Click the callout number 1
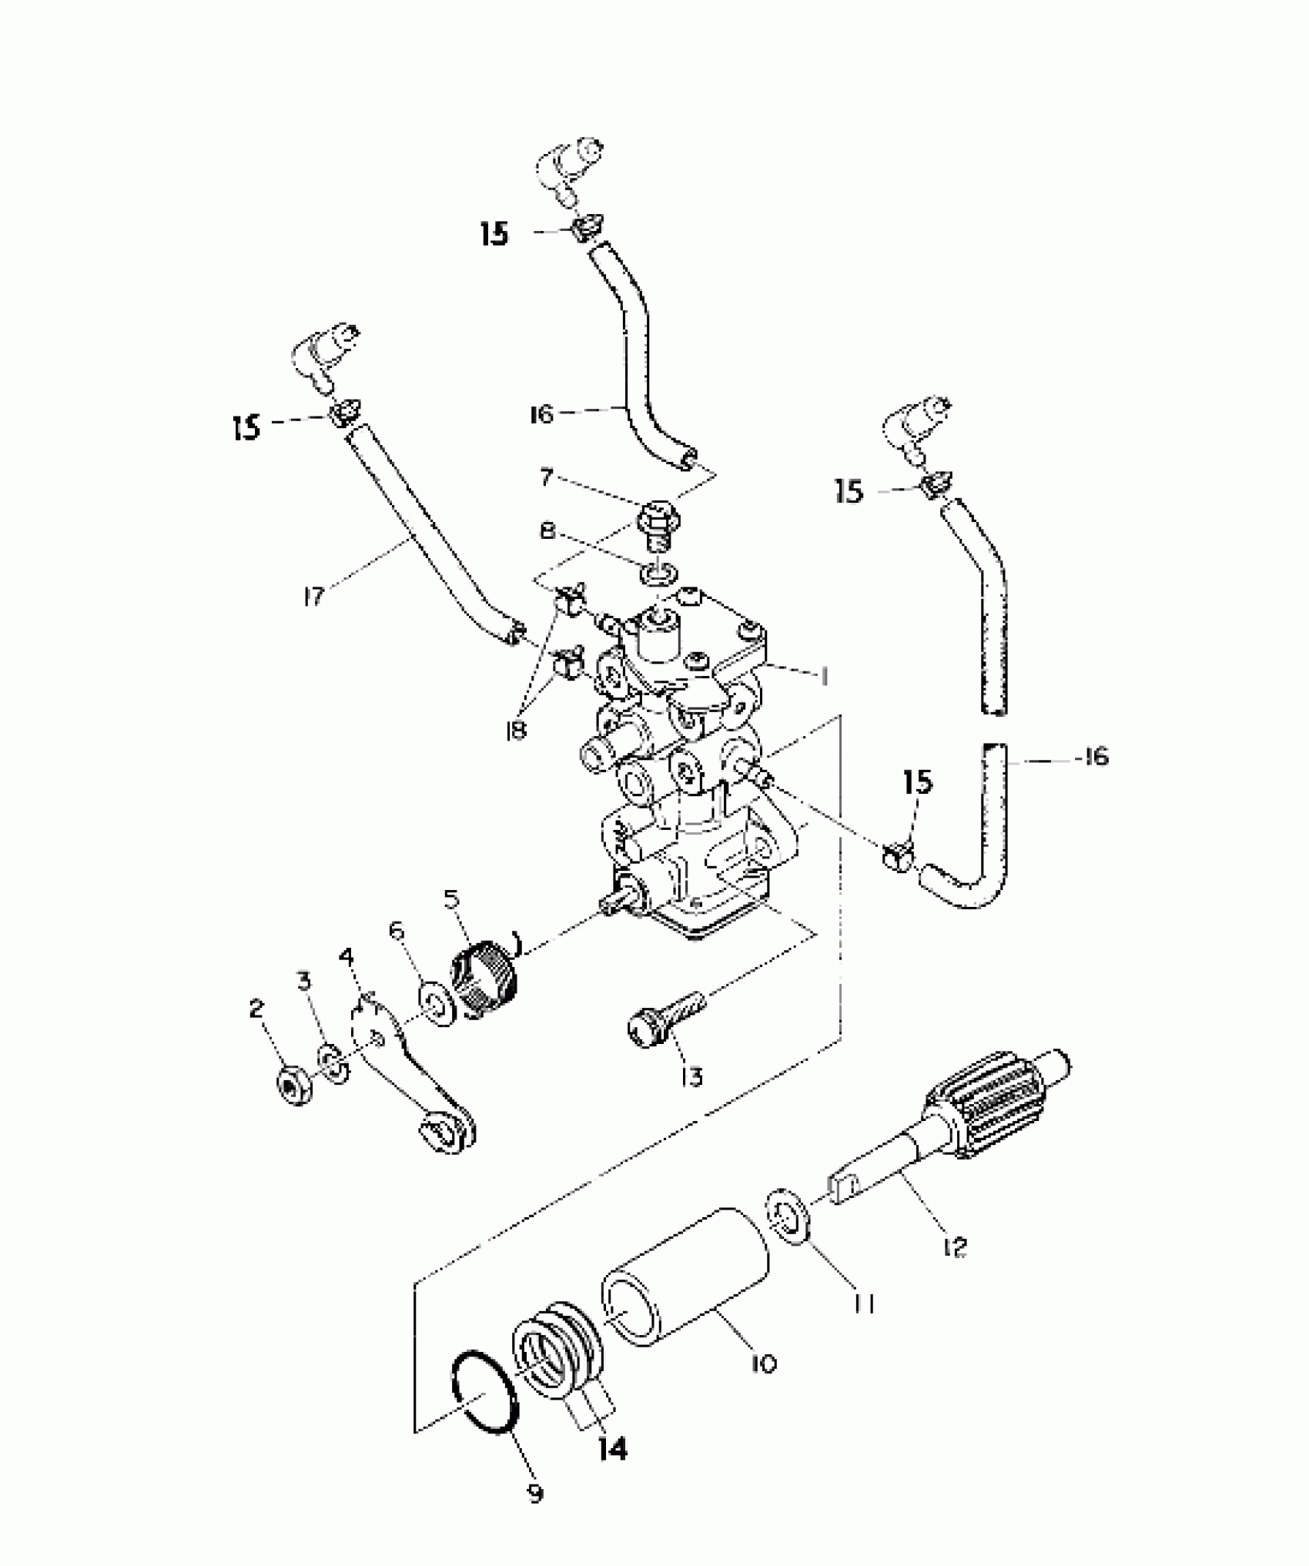click(823, 677)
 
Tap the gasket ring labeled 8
click(659, 574)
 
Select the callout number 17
click(313, 596)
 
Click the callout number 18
click(515, 729)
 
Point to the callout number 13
click(691, 1076)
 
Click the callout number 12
click(955, 1246)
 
